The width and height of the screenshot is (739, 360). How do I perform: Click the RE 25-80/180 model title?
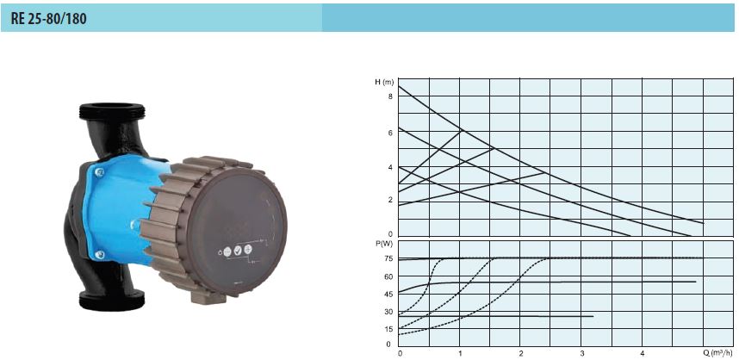coord(48,19)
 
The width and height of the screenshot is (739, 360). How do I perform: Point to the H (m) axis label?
coord(383,82)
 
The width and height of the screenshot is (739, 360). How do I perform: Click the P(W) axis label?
coord(382,244)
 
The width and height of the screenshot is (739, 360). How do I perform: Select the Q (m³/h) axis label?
coord(718,353)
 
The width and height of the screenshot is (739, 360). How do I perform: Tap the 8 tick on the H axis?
coord(391,96)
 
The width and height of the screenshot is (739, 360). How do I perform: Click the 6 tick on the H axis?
coord(391,132)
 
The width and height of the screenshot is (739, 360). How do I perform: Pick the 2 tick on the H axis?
coord(391,200)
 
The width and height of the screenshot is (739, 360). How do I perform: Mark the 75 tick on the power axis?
coord(388,258)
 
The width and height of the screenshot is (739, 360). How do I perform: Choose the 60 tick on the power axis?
coord(388,276)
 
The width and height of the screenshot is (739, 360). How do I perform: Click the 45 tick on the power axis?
coord(388,294)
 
